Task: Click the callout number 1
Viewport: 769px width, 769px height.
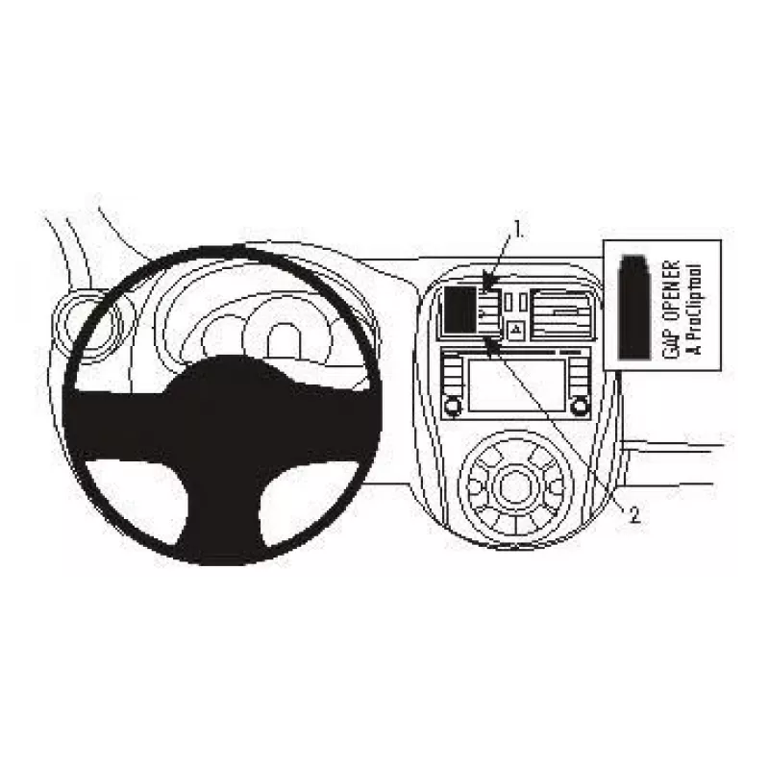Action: (x=516, y=229)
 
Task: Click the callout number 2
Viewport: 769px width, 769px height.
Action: (x=634, y=514)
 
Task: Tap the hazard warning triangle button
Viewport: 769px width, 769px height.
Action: (x=515, y=329)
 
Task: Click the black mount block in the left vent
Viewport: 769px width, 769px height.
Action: (x=460, y=308)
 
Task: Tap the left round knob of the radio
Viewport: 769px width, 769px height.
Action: (x=452, y=406)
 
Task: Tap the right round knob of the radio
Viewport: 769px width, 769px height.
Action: (x=579, y=406)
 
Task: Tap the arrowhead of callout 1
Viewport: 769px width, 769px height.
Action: (x=485, y=289)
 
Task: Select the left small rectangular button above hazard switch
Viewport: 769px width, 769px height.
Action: (x=509, y=301)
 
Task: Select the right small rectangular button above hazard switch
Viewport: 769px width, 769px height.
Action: (x=523, y=301)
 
